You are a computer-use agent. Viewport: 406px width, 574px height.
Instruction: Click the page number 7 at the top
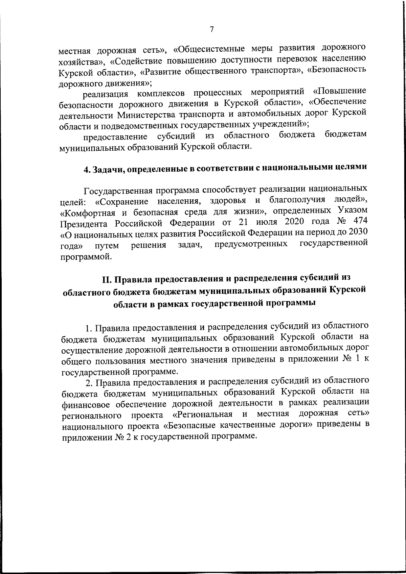click(211, 29)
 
